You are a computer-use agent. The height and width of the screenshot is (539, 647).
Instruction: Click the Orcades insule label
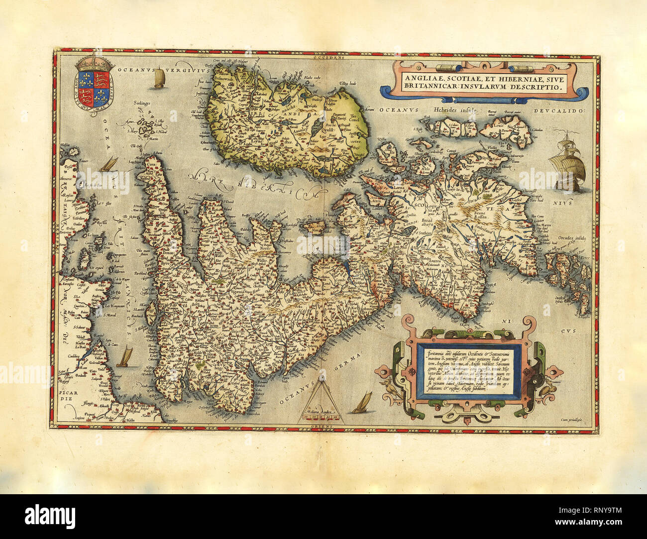point(572,237)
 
